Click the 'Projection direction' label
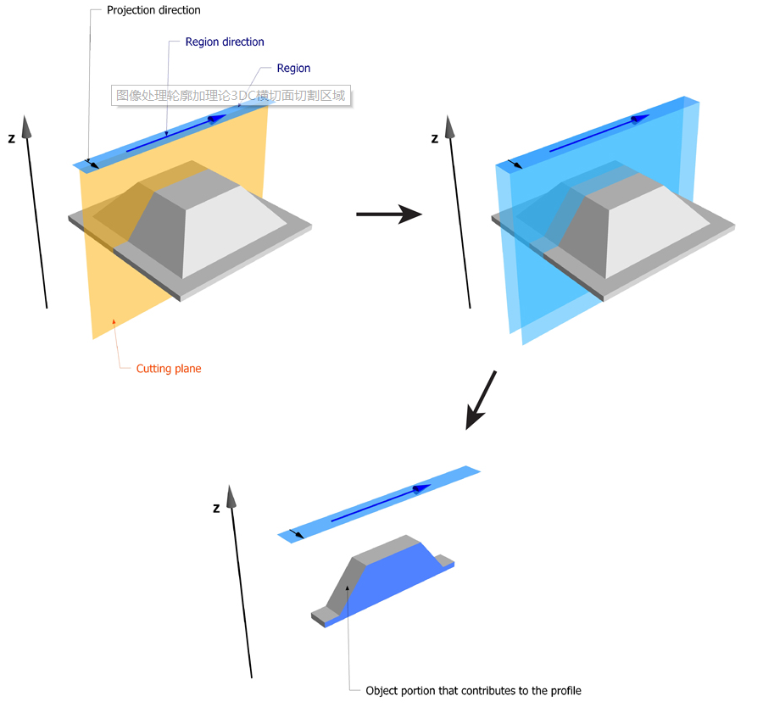[x=153, y=11]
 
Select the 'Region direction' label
[x=225, y=42]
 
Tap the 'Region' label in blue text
[x=293, y=68]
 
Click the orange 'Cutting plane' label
[x=169, y=369]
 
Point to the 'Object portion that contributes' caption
[x=473, y=690]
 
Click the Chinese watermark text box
[x=231, y=96]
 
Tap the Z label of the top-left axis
[x=11, y=138]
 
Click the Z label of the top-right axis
[x=435, y=138]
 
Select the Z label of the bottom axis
[x=216, y=509]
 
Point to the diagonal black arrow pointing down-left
[x=481, y=399]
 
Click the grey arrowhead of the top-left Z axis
[x=27, y=126]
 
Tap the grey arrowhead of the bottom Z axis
[x=228, y=496]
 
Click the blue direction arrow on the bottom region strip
[x=381, y=503]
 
